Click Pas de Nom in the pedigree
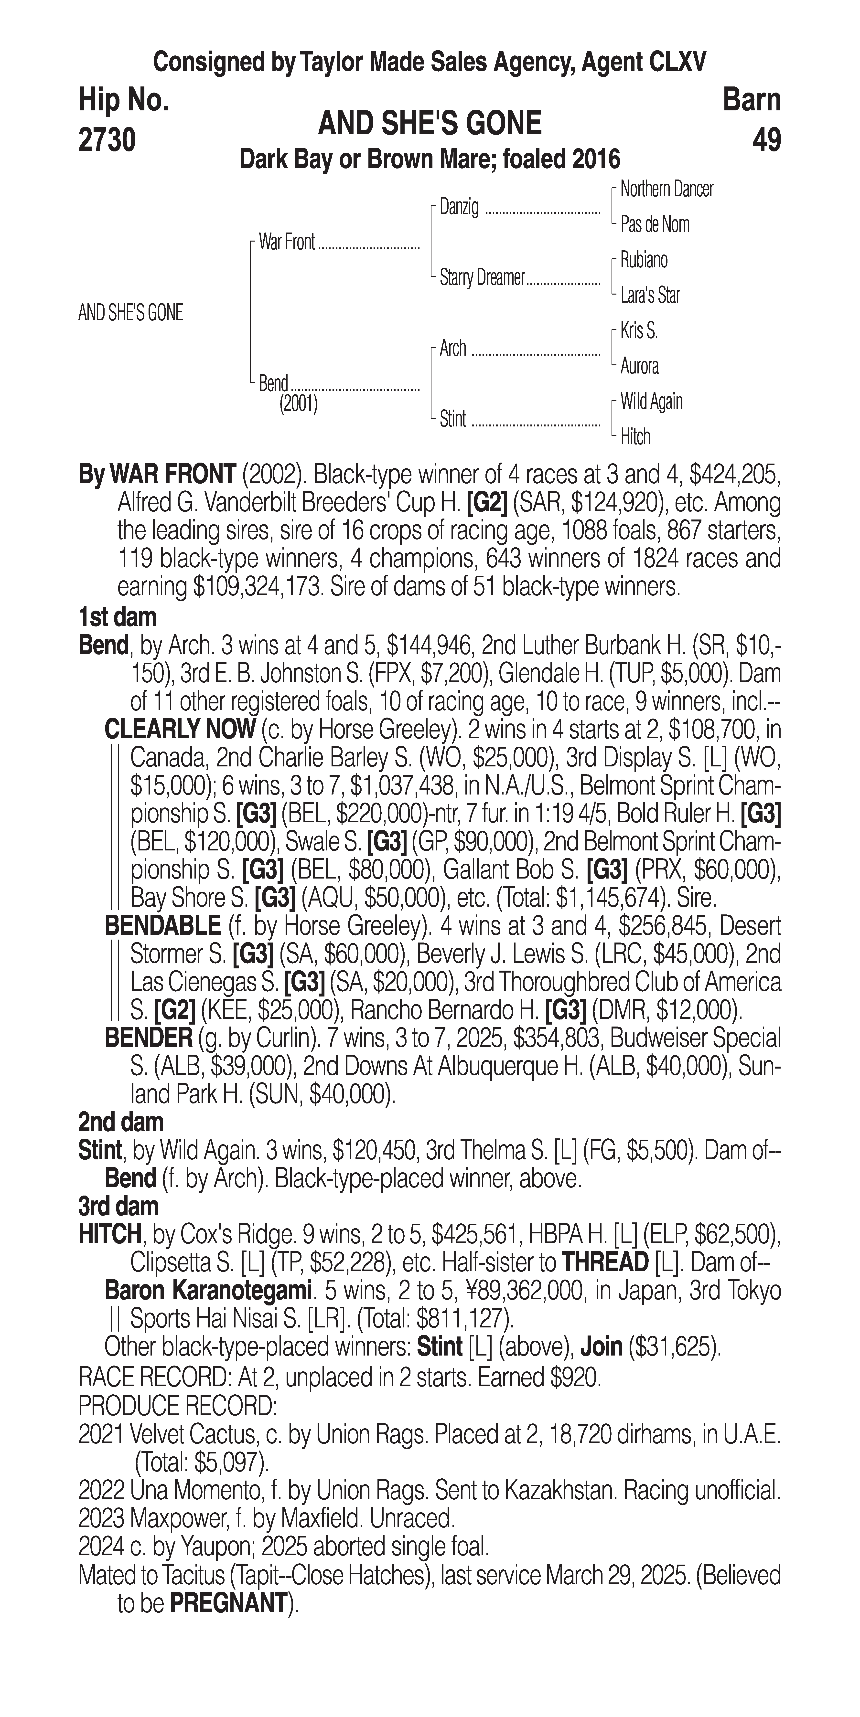coord(655,225)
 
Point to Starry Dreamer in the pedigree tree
coord(482,278)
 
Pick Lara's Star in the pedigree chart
coord(650,295)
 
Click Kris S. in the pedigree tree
coord(639,331)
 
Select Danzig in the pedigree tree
coord(459,207)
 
